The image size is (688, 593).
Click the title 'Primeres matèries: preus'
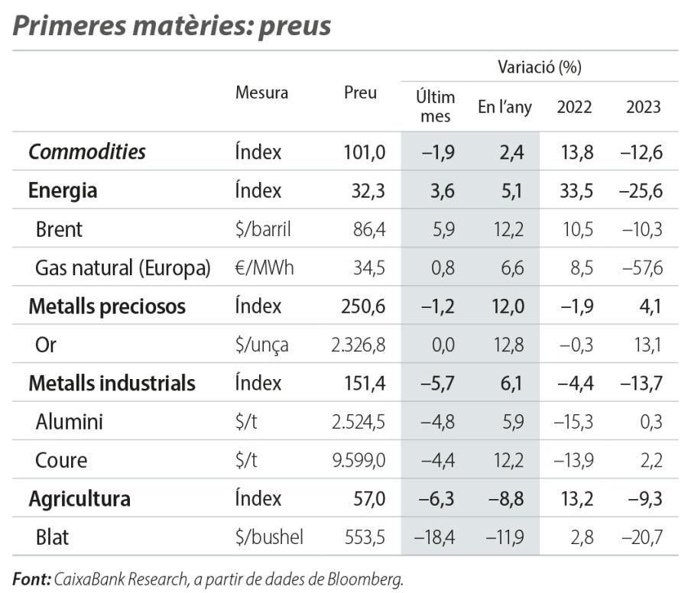172,26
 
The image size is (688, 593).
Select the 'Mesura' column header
261,93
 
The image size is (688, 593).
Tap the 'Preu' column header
360,93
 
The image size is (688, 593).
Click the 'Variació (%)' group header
539,67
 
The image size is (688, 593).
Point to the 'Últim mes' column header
435,106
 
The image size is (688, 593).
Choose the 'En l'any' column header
505,107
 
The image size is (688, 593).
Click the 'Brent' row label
59,228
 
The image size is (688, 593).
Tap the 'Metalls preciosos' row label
107,306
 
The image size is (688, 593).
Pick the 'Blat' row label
52,537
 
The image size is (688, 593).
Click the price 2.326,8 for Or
359,345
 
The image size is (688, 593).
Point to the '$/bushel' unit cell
269,537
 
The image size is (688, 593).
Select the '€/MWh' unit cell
264,267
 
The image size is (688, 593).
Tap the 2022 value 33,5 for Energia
576,190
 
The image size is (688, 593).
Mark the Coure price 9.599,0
359,460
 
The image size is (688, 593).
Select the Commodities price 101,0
364,151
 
